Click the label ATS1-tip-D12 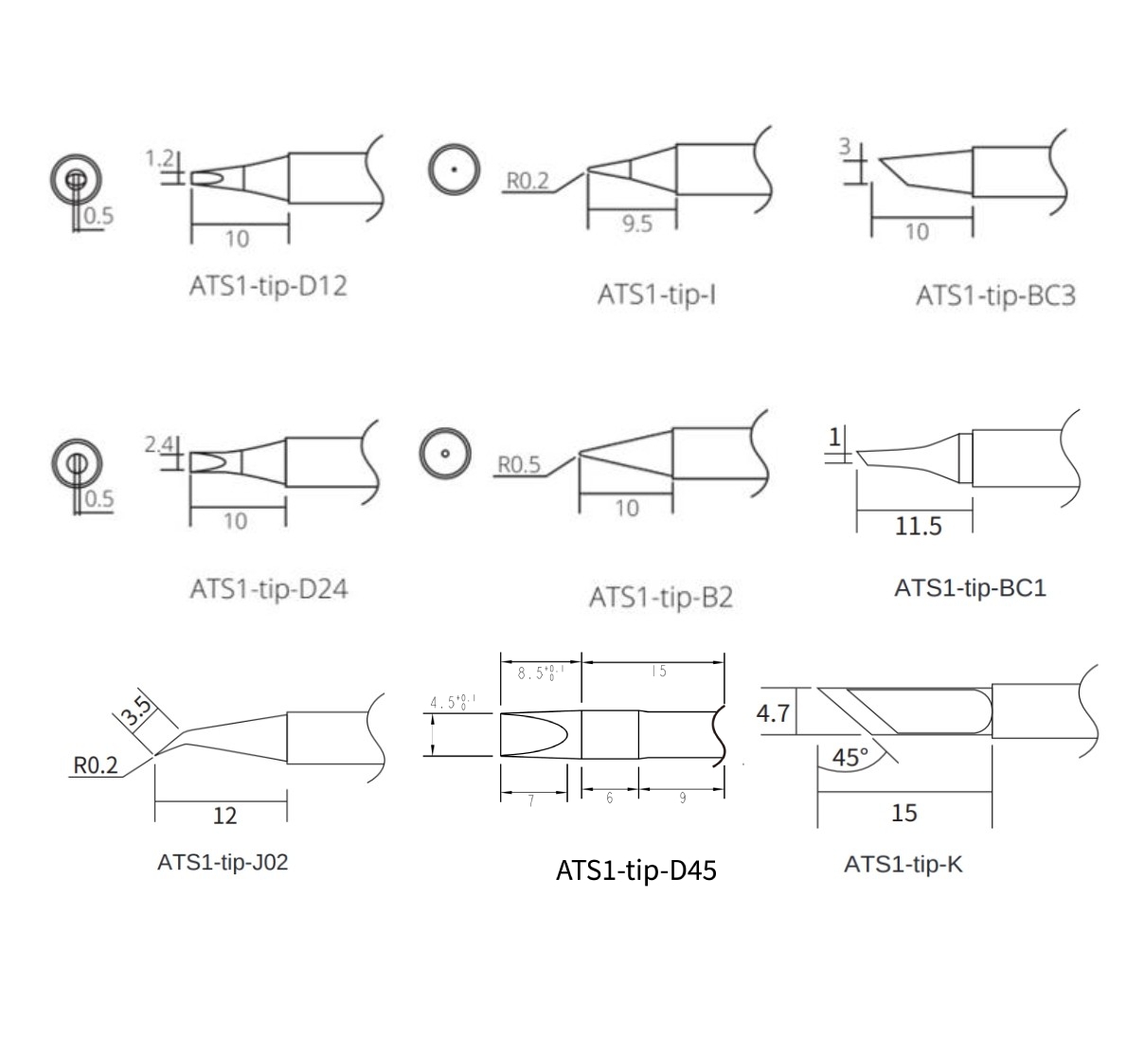[x=268, y=286]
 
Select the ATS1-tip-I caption [x=656, y=295]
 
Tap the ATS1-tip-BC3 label [x=995, y=296]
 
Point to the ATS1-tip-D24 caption [x=269, y=589]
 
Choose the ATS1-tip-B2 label [x=660, y=598]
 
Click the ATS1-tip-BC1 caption [x=970, y=588]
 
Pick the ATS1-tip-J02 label [x=223, y=862]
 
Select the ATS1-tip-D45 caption [x=636, y=870]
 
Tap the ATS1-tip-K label [x=903, y=864]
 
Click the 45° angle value [x=850, y=757]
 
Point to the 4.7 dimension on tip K [x=773, y=713]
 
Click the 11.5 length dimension [x=918, y=527]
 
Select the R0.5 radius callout [x=519, y=465]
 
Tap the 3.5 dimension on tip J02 [x=135, y=711]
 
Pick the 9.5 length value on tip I [x=637, y=224]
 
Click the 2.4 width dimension [x=158, y=444]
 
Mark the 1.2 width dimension [x=159, y=158]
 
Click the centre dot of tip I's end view [x=455, y=171]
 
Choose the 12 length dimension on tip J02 [x=224, y=816]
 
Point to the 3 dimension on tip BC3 [x=845, y=147]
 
